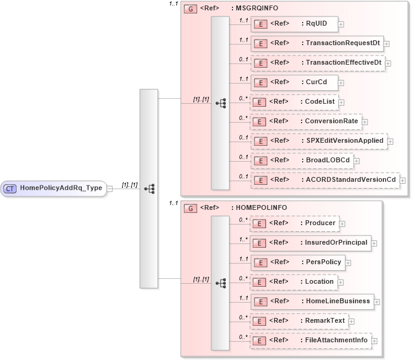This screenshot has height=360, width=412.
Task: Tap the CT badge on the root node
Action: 10,189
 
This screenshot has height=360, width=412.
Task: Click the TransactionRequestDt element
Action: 317,43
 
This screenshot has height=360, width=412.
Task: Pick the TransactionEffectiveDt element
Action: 318,63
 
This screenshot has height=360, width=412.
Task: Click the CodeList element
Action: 294,101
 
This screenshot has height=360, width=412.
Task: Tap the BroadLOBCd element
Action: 302,160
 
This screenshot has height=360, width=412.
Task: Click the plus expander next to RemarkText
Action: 352,321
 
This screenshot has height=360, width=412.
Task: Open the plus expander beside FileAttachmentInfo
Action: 374,340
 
